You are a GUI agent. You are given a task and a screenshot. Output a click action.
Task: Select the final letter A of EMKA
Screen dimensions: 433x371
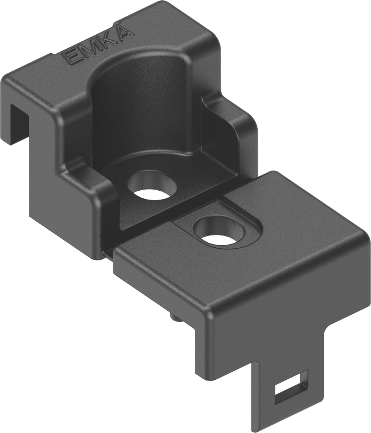124,33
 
